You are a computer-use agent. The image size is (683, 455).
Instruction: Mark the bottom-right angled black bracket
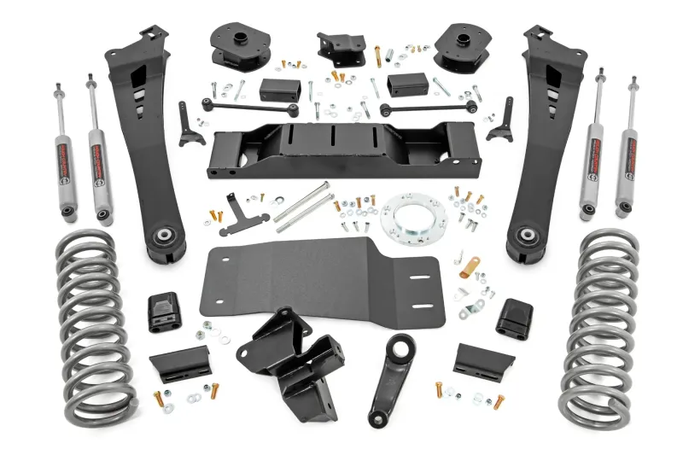482,362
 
